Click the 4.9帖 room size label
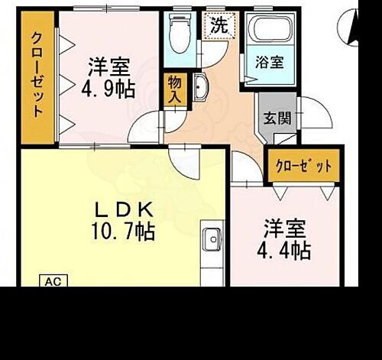(x=108, y=89)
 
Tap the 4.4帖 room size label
(x=287, y=249)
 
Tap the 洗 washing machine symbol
(x=219, y=24)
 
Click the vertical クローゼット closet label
(x=37, y=75)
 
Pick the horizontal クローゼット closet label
(x=303, y=166)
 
